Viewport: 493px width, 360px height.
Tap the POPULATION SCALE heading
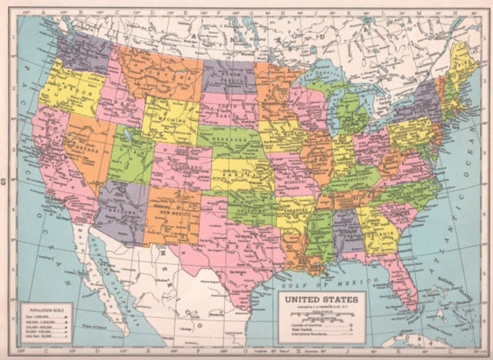pos(42,306)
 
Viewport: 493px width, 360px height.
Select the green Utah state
pos(132,158)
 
